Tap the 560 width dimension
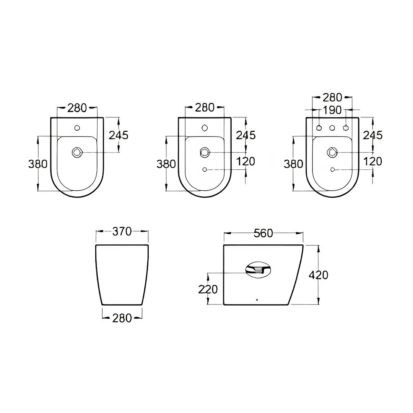[263, 233]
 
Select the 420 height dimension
[319, 275]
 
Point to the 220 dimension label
[208, 289]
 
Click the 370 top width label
[122, 231]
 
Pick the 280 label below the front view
[122, 318]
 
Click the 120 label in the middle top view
[246, 161]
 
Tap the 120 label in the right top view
[373, 161]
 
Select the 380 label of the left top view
[38, 164]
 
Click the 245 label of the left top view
[119, 135]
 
